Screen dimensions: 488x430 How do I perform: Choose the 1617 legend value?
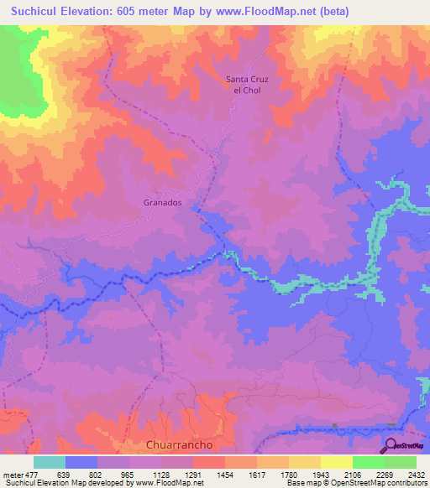pyautogui.click(x=264, y=474)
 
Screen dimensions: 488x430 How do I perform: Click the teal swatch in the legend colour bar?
pyautogui.click(x=50, y=462)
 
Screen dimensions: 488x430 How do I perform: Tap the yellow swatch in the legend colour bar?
pyautogui.click(x=336, y=462)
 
